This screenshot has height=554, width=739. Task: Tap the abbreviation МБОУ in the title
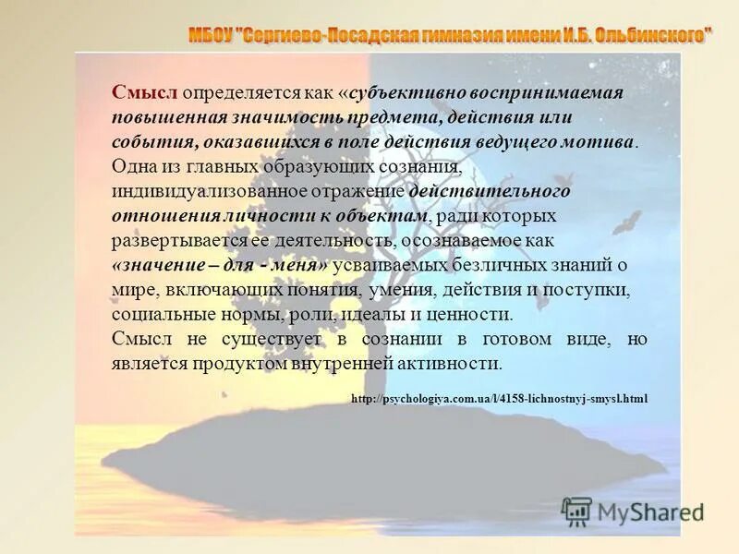tap(212, 36)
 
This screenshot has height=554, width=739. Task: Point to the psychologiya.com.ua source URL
tap(500, 399)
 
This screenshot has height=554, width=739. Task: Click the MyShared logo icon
tap(576, 510)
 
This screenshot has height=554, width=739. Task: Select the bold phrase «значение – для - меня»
tap(220, 266)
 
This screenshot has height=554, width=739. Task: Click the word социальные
tap(159, 314)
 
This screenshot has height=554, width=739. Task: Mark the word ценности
tap(469, 314)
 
